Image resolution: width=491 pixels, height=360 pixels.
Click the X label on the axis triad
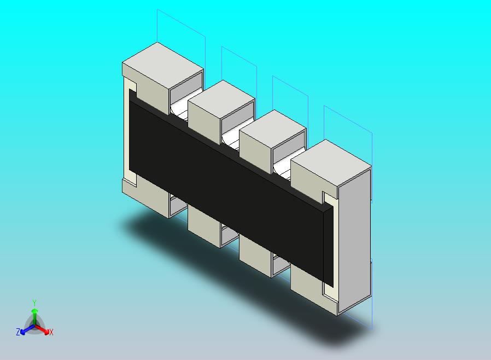pyautogui.click(x=51, y=332)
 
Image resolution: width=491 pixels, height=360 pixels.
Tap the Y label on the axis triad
pyautogui.click(x=34, y=303)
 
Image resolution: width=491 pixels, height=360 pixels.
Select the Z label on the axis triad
pyautogui.click(x=18, y=332)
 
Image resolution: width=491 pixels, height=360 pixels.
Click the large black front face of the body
pyautogui.click(x=230, y=175)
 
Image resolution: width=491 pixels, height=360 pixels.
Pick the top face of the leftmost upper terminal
pyautogui.click(x=162, y=63)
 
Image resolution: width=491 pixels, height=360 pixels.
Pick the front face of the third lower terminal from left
pyautogui.click(x=255, y=257)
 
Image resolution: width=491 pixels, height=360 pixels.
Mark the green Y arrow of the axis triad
pyautogui.click(x=34, y=315)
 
